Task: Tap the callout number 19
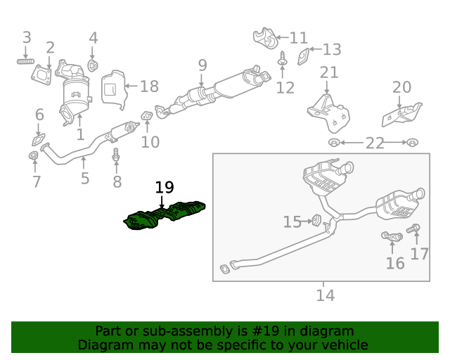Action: click(x=164, y=187)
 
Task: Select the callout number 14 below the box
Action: click(x=324, y=295)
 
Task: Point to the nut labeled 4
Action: click(x=93, y=66)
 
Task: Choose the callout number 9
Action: click(x=202, y=65)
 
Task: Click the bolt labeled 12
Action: click(x=283, y=60)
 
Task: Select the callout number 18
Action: click(x=149, y=86)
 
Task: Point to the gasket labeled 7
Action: click(x=34, y=155)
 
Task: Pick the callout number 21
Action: click(x=328, y=72)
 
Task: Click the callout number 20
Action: click(x=401, y=87)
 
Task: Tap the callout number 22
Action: click(x=374, y=143)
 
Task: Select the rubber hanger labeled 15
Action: click(x=316, y=221)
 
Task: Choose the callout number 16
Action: click(x=395, y=263)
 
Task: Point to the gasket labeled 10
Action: click(x=148, y=115)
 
